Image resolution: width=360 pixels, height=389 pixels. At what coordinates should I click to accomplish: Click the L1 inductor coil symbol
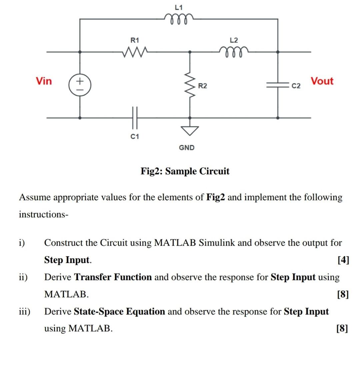(179, 17)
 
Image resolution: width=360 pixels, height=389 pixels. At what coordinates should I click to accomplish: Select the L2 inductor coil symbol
(234, 51)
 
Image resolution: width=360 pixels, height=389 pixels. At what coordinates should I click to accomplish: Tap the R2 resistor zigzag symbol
(190, 86)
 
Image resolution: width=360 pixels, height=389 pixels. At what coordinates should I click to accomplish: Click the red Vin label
(44, 81)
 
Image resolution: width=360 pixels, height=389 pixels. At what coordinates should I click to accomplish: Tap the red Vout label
(322, 81)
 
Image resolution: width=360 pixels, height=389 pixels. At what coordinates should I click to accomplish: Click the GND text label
(187, 147)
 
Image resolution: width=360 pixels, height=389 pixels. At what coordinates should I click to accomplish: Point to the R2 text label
(202, 86)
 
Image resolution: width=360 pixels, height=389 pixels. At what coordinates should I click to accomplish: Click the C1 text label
(135, 136)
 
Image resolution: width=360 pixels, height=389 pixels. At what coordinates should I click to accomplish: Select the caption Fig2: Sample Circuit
(185, 171)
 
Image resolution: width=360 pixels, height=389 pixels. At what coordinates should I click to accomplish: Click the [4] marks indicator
(343, 260)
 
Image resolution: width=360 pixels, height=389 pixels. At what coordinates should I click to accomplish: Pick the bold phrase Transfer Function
(113, 277)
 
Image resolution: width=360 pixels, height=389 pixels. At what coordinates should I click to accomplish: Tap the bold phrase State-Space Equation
(119, 312)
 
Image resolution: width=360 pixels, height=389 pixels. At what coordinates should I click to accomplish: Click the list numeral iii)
(24, 312)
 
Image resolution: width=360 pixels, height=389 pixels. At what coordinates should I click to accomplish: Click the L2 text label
(234, 40)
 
